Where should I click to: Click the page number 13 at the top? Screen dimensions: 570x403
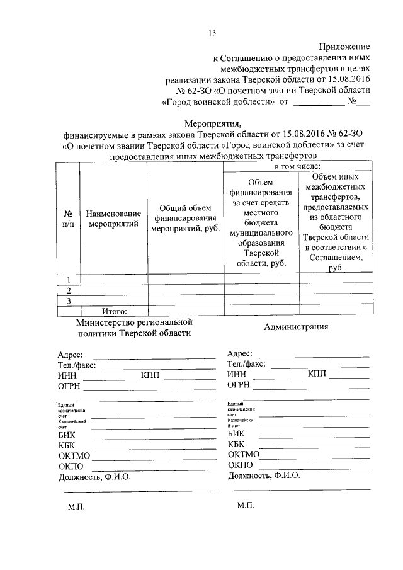[x=212, y=33]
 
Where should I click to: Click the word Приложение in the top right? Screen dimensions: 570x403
[x=344, y=47]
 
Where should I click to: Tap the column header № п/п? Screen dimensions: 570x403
[x=68, y=218]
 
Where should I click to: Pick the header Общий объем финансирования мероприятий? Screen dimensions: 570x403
[x=184, y=218]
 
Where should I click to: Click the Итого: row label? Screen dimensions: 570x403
[x=115, y=311]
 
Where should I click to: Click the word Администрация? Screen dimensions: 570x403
[x=296, y=326]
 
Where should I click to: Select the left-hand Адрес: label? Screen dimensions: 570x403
[x=70, y=355]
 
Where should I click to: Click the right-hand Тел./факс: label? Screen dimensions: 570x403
[x=246, y=364]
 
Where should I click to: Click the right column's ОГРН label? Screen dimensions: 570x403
[x=239, y=385]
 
